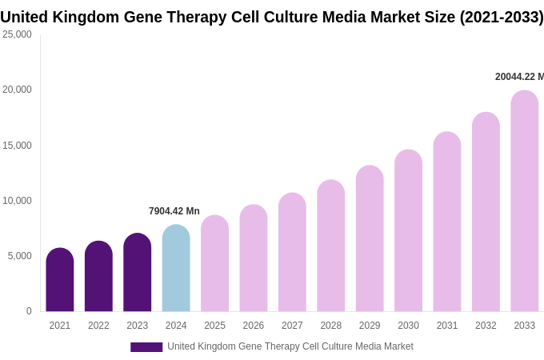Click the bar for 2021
click(x=60, y=280)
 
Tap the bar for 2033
click(x=525, y=201)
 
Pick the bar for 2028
click(x=331, y=246)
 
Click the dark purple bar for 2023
click(x=138, y=273)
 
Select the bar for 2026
click(x=254, y=258)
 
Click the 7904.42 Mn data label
click(x=174, y=211)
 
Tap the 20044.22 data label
click(x=519, y=77)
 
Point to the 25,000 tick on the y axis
click(x=17, y=34)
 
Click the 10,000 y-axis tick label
click(x=17, y=201)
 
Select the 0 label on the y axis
click(x=29, y=311)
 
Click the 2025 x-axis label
click(x=214, y=326)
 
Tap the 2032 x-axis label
click(x=486, y=326)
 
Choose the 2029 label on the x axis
click(x=370, y=326)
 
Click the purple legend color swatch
click(x=146, y=347)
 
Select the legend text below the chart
click(x=290, y=346)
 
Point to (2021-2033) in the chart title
click(x=501, y=17)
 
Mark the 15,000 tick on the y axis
click(x=17, y=146)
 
